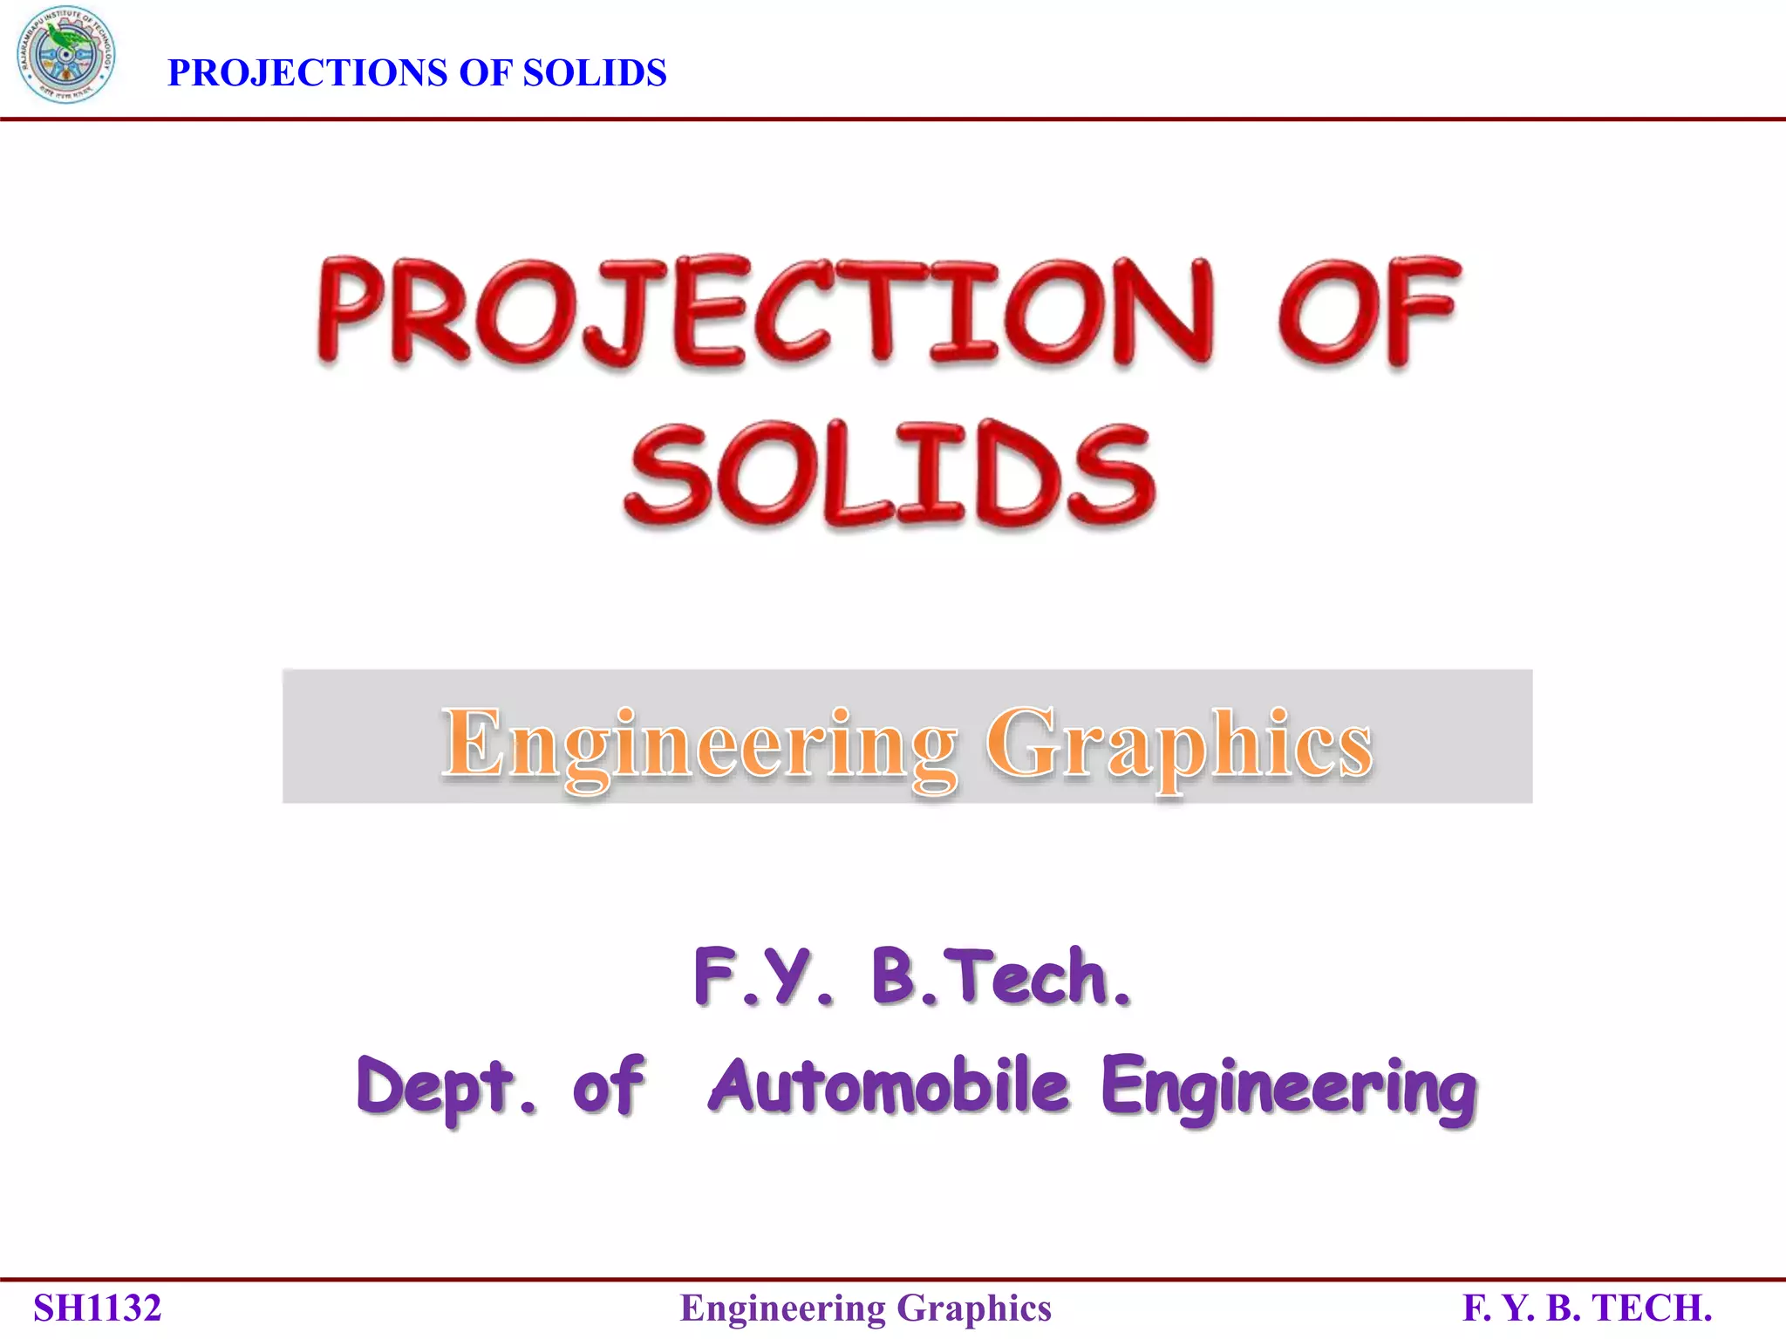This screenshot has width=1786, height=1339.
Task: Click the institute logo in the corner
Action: (65, 55)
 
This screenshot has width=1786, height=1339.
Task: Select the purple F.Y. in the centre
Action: (764, 976)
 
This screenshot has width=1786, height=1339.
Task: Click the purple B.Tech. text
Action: (1001, 976)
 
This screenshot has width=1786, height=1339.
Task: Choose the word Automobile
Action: (889, 1085)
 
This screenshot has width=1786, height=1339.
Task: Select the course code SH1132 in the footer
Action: (98, 1308)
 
